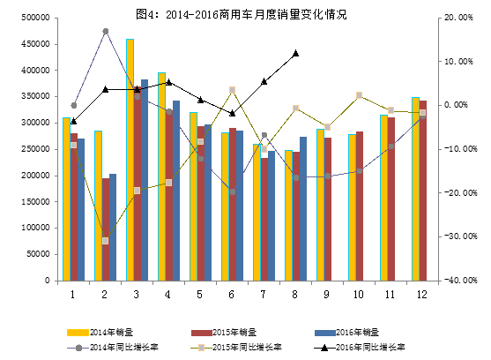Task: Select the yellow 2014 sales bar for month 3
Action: (130, 159)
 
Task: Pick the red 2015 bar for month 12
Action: (422, 191)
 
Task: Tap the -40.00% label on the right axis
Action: (460, 281)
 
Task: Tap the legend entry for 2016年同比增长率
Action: (357, 348)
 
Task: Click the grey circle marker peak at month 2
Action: (106, 31)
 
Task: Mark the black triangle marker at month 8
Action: (295, 53)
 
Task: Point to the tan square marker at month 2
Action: (106, 240)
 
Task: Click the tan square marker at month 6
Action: (232, 90)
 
